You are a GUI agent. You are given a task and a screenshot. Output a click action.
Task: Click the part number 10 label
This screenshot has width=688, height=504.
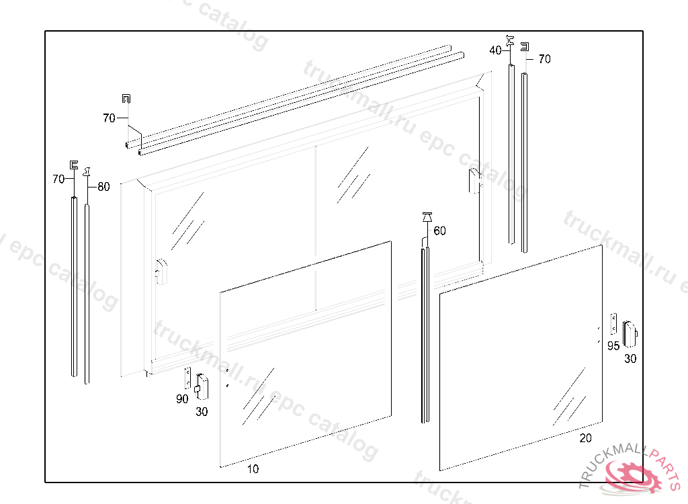(253, 469)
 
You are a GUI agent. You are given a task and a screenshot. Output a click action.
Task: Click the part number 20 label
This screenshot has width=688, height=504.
(586, 438)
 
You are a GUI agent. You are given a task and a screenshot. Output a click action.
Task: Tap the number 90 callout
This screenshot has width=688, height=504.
(182, 399)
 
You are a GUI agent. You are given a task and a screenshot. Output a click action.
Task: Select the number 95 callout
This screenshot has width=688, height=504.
(613, 346)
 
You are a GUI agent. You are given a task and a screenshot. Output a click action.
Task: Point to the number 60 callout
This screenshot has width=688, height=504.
(439, 231)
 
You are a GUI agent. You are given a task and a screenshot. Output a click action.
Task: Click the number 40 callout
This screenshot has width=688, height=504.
(495, 50)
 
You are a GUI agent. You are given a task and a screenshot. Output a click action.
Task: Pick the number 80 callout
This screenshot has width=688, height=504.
(103, 187)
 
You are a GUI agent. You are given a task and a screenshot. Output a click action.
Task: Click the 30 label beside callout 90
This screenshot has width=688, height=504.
(202, 412)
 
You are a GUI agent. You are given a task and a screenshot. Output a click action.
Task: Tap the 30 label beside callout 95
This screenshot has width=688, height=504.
(630, 359)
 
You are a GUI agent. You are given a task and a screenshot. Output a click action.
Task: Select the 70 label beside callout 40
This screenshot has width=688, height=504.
(544, 59)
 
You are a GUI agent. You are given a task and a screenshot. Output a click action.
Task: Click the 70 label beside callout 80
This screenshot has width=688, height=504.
(58, 179)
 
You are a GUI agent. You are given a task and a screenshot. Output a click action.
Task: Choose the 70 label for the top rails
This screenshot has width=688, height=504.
(109, 118)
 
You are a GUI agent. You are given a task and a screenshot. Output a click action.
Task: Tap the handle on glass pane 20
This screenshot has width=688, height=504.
(630, 332)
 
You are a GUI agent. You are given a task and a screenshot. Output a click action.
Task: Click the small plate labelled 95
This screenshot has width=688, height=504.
(613, 324)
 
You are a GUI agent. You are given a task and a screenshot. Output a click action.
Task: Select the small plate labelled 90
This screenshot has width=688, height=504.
(189, 378)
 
